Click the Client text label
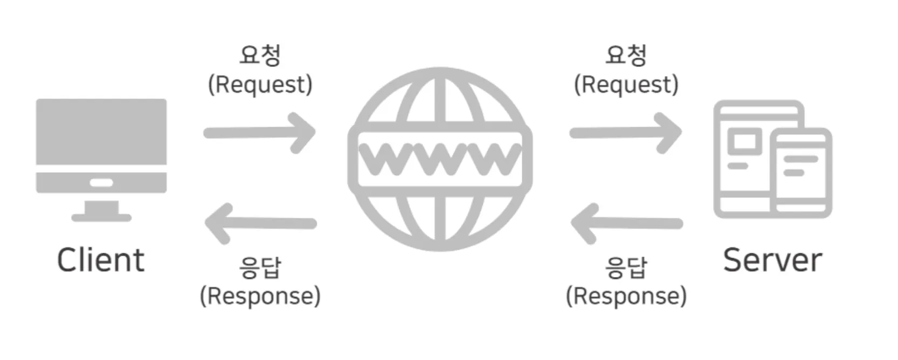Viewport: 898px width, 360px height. pos(101,260)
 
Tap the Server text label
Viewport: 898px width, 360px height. pos(772,260)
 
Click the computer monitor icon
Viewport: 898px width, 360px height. pos(101,146)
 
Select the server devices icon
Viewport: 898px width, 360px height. pos(772,159)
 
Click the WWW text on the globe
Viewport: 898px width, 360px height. pos(440,158)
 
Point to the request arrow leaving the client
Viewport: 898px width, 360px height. pos(259,133)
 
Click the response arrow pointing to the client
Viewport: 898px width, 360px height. pos(260,223)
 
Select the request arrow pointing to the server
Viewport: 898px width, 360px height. pos(625,133)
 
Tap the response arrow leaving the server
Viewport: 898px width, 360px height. pos(626,223)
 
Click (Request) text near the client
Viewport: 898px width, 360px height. pos(260,85)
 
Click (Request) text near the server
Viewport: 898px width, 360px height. pos(626,85)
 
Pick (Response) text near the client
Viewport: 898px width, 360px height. pos(260,296)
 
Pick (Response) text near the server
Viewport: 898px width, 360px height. pos(626,296)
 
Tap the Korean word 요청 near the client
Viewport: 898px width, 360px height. pos(260,55)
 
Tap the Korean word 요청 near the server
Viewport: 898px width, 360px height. pos(626,55)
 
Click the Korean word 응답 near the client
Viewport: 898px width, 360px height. pos(260,267)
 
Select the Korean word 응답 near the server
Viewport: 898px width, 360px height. pos(626,267)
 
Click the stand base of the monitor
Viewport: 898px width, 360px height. pos(101,217)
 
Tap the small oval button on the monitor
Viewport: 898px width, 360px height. pos(101,183)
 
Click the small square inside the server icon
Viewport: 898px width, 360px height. pos(744,142)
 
